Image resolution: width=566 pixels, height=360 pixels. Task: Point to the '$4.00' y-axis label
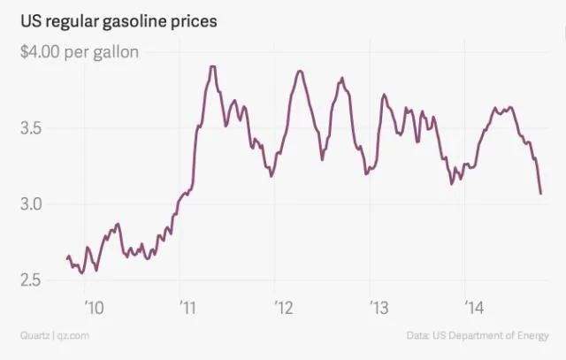41,52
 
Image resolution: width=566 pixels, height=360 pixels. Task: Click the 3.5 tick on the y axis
31,128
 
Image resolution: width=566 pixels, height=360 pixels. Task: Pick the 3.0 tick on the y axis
31,204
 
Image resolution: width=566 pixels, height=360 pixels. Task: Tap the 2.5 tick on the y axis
31,280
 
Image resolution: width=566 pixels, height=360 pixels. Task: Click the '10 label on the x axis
95,309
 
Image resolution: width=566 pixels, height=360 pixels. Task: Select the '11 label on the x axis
190,309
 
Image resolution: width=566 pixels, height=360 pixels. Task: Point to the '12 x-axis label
285,309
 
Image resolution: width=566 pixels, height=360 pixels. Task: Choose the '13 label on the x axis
379,309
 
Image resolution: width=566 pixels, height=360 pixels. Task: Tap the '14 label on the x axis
475,309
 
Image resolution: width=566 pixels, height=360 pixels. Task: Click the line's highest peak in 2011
213,66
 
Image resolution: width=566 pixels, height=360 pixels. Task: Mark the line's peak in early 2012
300,71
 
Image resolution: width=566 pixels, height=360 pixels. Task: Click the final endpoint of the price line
540,193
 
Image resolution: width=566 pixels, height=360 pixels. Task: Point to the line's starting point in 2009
67,258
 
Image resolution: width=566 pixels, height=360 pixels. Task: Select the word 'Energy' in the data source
530,336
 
